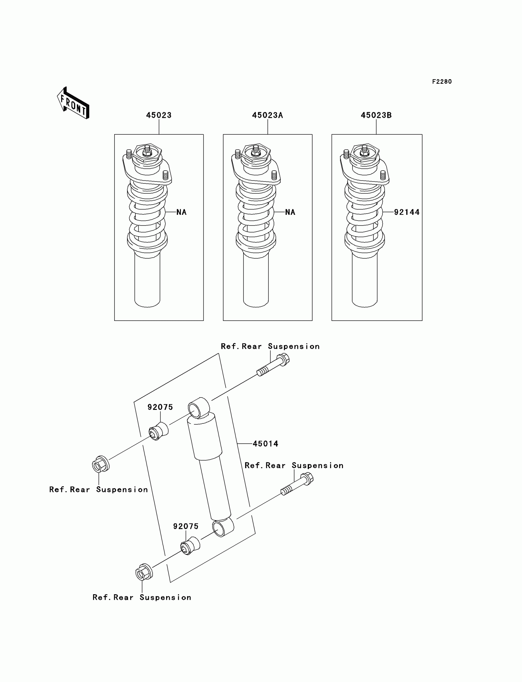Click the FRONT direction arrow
pos(73,103)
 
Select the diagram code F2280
pos(442,82)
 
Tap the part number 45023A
pos(267,115)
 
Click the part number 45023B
pos(376,115)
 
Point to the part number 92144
pos(407,212)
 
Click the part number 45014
pos(265,444)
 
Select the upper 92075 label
pos(160,407)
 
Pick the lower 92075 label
pos(185,526)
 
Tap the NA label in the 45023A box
pos(290,212)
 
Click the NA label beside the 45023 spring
pos(181,212)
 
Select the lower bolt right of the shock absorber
pos(297,484)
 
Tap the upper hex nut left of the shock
pos(101,465)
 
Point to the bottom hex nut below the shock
pos(144,572)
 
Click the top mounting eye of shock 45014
pos(199,408)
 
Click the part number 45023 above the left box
pos(159,115)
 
